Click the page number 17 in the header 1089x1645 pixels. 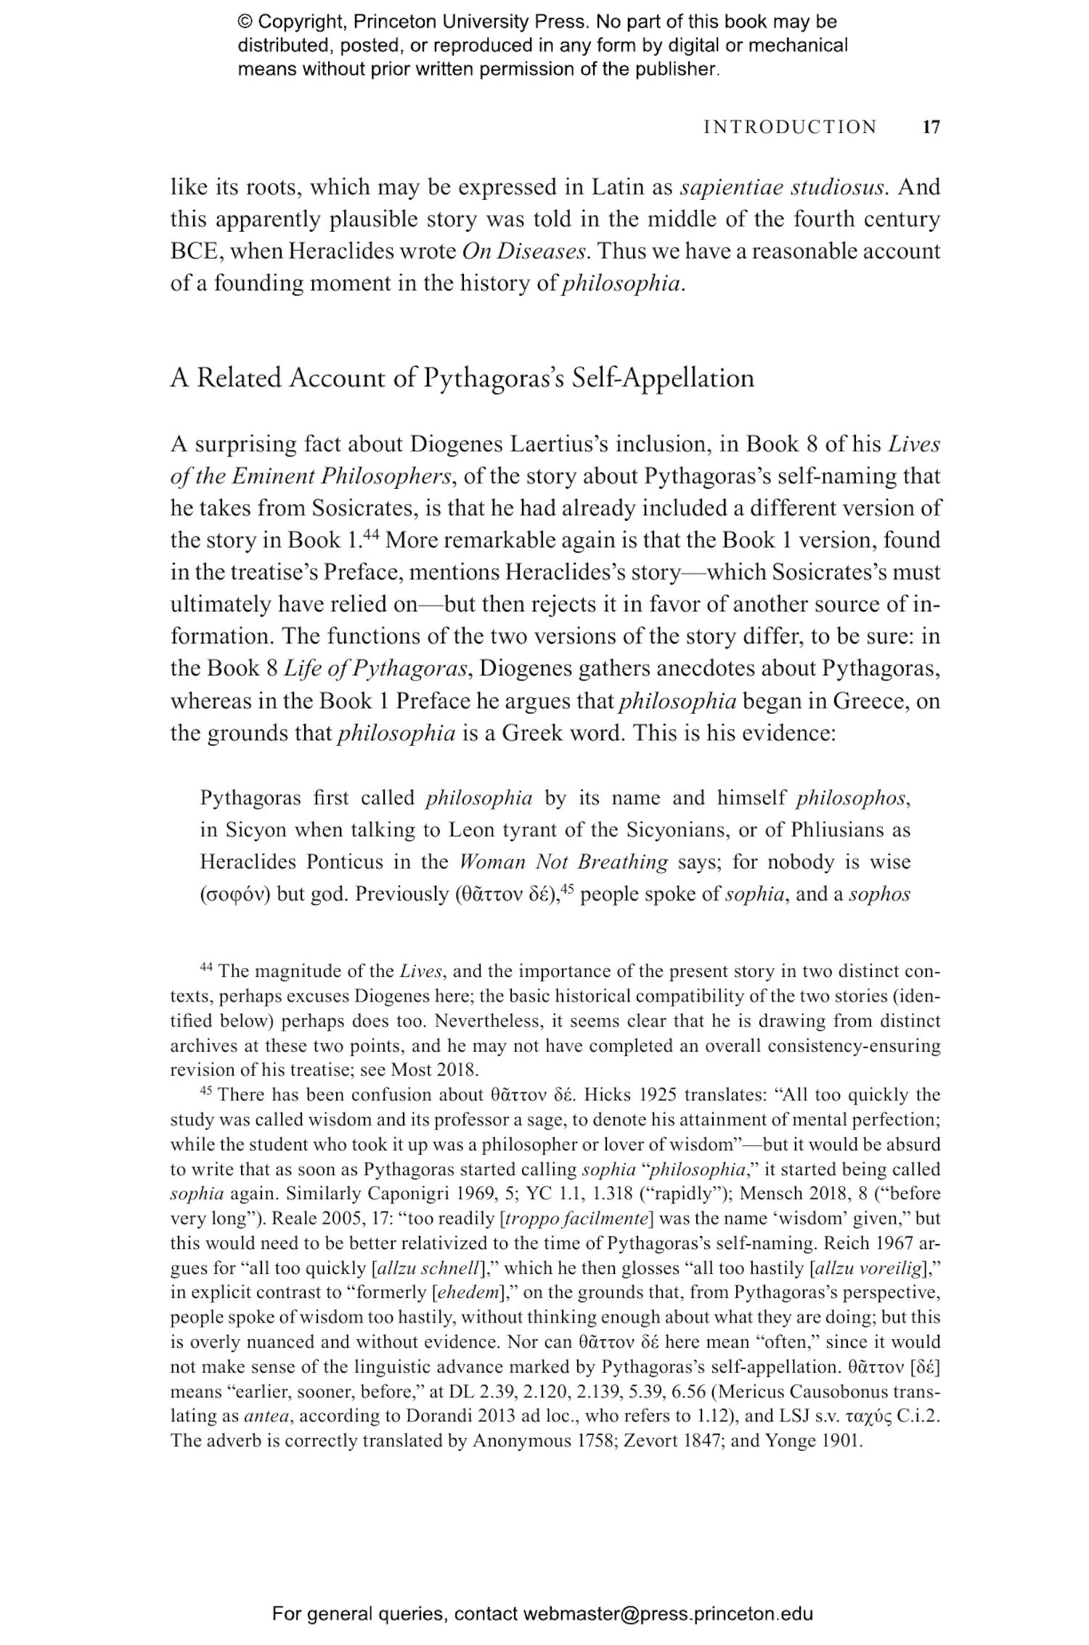tap(931, 127)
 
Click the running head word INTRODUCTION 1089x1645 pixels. tap(791, 127)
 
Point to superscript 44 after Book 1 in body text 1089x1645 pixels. tap(371, 535)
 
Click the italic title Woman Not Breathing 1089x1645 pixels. tap(563, 862)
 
